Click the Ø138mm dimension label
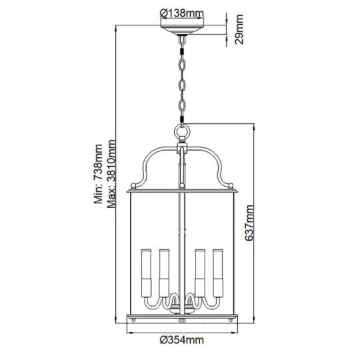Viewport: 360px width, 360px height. [181, 13]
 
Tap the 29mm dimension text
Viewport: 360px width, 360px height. [239, 29]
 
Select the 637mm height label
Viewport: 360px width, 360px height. [249, 223]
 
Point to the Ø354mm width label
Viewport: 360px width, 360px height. [181, 340]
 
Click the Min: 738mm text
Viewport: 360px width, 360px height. [99, 174]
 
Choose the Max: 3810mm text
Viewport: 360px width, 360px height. [111, 174]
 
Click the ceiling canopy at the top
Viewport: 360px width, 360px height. [181, 29]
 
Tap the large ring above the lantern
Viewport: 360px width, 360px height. [182, 133]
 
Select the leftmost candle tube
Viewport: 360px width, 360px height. [146, 273]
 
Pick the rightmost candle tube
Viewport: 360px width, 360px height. [217, 273]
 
